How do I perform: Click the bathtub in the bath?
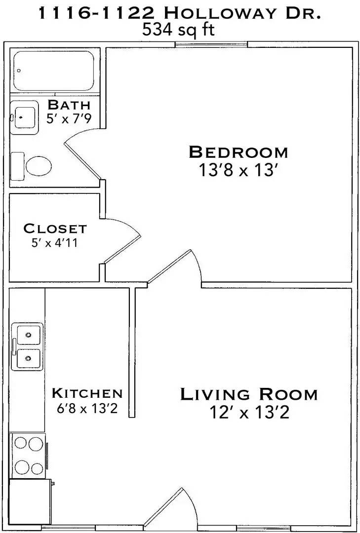53,71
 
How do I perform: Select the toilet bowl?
38,166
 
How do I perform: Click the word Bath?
69,105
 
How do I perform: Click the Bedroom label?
238,152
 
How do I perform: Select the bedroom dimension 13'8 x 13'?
238,170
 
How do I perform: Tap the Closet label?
55,228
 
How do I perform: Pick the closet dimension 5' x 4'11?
55,243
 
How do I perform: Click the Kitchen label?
87,393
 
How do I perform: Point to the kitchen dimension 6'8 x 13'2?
87,409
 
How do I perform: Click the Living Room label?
248,394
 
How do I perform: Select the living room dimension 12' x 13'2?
248,412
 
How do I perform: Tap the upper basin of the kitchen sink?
28,334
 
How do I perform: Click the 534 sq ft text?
178,31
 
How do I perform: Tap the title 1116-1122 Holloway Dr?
180,13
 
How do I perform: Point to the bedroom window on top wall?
211,45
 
